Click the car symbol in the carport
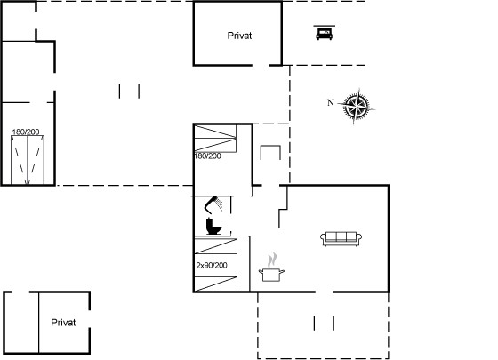324,35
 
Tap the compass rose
356,106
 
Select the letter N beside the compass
331,102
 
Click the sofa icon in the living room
341,239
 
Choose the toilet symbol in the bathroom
213,226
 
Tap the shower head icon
213,204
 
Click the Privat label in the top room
239,36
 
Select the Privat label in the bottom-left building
63,323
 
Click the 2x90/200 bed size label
212,265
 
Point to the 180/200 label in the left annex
26,132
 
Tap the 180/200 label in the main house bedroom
208,156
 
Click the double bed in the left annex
28,160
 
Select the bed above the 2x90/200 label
215,246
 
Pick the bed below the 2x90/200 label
215,284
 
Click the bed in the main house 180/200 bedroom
215,139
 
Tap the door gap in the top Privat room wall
261,66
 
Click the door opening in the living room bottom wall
324,292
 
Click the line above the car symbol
324,26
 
